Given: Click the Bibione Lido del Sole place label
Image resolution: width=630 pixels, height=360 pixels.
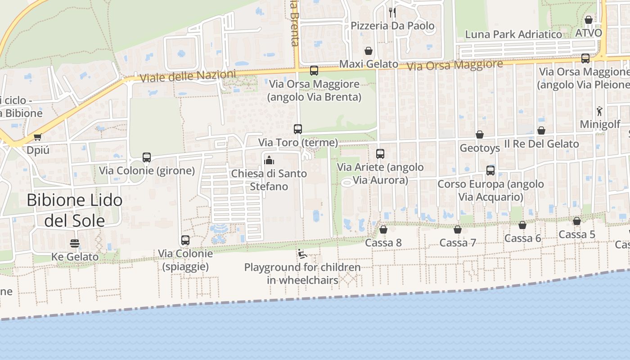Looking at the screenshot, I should click(x=75, y=210).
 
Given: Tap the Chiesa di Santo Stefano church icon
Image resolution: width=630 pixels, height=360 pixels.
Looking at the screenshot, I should click(x=269, y=160).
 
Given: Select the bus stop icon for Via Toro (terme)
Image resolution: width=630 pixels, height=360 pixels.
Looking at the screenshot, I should click(x=298, y=129).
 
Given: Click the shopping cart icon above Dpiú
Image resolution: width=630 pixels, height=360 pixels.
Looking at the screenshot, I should click(x=38, y=137).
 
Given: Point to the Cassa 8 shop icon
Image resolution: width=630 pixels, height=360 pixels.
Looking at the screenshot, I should click(x=383, y=229).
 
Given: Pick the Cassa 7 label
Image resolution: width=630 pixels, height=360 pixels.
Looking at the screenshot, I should click(x=458, y=243).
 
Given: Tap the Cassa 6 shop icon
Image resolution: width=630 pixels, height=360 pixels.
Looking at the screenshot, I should click(x=522, y=225).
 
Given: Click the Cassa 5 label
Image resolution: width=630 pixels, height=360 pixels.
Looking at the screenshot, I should click(x=577, y=234).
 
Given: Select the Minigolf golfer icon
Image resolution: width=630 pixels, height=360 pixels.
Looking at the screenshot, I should click(x=599, y=111).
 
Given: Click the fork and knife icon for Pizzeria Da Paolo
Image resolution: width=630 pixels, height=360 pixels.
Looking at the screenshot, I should click(x=392, y=12).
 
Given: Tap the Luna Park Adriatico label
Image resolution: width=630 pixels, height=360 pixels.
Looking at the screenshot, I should click(x=513, y=34).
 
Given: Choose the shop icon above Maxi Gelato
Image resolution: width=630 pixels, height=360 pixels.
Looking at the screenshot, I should click(x=369, y=51).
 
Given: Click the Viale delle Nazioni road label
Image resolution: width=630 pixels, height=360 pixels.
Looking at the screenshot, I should click(x=188, y=76).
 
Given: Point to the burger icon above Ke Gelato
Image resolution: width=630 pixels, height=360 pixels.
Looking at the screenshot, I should click(x=75, y=243).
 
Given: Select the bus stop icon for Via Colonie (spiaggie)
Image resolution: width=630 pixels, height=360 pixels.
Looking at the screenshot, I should click(x=185, y=240).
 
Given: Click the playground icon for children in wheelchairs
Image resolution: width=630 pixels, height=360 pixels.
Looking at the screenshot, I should click(x=302, y=254).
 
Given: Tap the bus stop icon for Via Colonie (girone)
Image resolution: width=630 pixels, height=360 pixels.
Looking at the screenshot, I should click(x=147, y=157).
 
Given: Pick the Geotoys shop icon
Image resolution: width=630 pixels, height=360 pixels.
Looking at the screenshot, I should click(x=480, y=135).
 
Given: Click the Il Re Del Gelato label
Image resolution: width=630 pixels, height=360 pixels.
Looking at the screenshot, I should click(x=541, y=144).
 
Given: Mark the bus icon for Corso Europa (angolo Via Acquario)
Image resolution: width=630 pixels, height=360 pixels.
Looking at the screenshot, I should click(x=490, y=171).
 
